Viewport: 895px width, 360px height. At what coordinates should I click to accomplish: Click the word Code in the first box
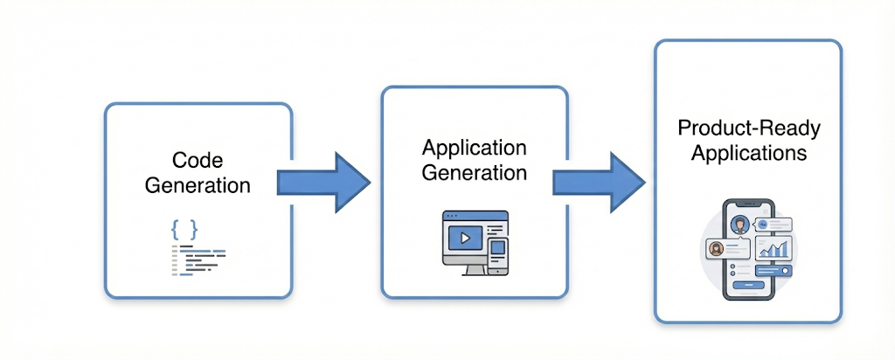(198, 160)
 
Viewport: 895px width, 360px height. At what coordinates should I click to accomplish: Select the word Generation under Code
(198, 185)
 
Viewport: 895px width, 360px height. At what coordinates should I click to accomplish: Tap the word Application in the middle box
(474, 147)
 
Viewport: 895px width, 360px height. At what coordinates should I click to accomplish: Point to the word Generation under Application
(474, 172)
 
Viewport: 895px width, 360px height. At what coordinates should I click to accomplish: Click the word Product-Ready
(749, 128)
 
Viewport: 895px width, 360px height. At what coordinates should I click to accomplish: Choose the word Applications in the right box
(749, 154)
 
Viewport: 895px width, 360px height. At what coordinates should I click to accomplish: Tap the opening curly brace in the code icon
(176, 230)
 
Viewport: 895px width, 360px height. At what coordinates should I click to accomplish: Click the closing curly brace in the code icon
(193, 230)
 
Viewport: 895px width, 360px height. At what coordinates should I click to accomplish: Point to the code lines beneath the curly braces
(198, 260)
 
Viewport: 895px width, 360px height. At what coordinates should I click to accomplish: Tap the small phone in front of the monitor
(496, 253)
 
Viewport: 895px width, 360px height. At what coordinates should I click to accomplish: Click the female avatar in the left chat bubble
(718, 248)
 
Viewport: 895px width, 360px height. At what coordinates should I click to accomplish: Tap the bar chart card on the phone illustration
(773, 248)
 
